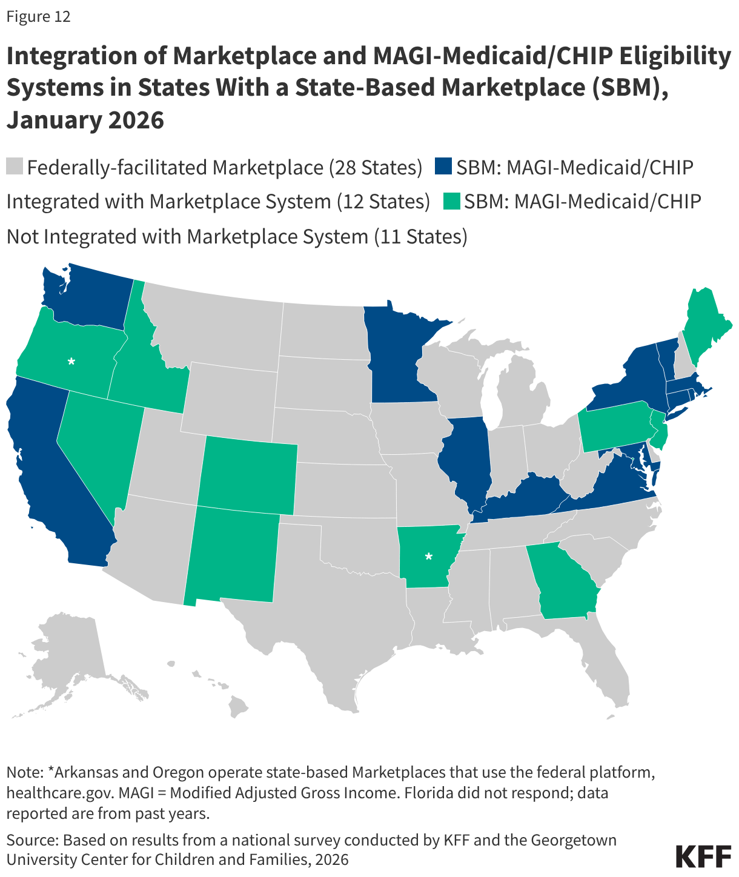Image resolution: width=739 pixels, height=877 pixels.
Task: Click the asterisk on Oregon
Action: click(x=71, y=362)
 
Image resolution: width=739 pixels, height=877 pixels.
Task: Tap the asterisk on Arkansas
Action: click(x=429, y=556)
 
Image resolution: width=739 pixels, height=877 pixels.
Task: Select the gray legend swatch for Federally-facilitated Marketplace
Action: click(x=15, y=167)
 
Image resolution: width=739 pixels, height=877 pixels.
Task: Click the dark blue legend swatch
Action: click(x=444, y=167)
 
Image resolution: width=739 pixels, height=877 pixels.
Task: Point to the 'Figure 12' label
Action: click(x=38, y=16)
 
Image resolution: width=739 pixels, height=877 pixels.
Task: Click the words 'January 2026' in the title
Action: click(x=85, y=119)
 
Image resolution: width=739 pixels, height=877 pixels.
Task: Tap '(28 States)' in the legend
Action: click(x=376, y=167)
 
